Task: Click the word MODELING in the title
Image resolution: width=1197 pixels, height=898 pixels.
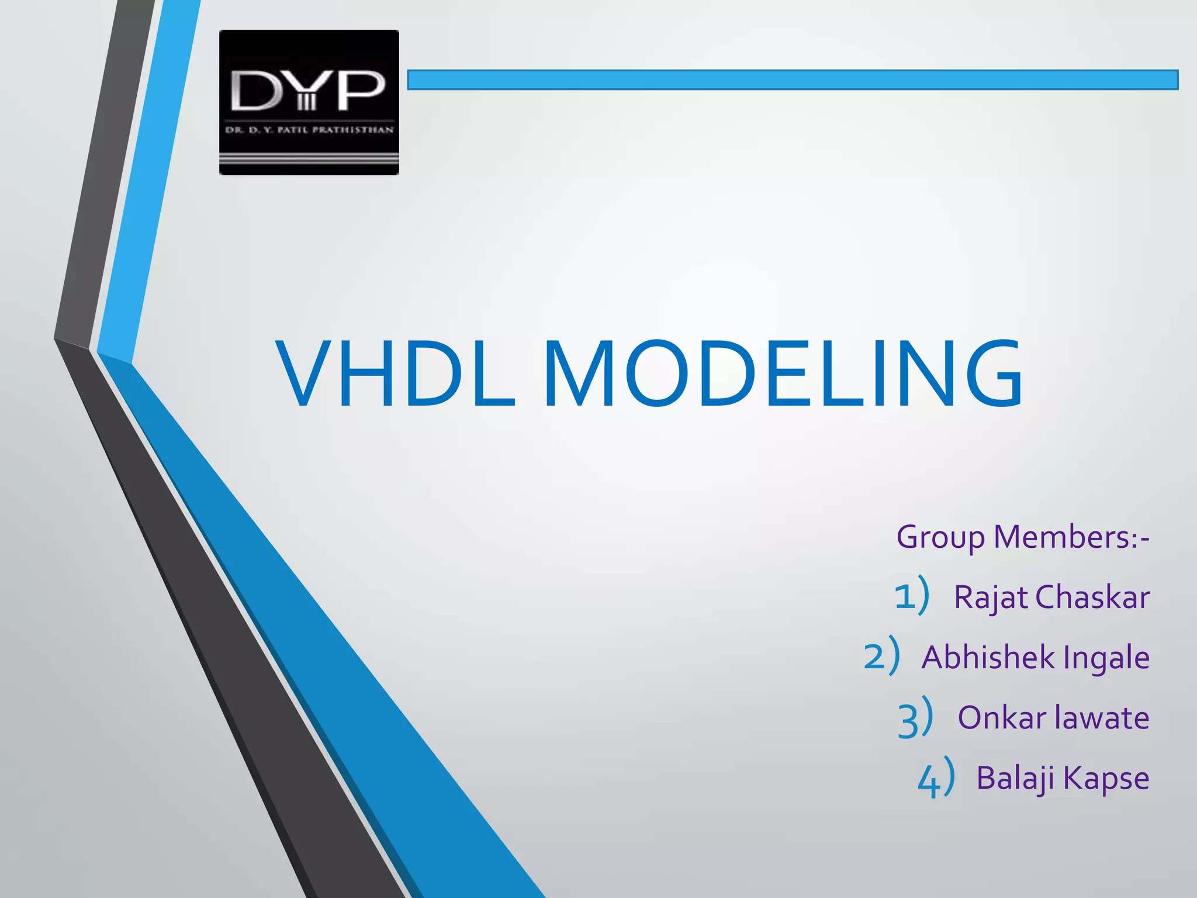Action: point(783,374)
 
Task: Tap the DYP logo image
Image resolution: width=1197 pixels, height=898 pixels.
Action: point(309,102)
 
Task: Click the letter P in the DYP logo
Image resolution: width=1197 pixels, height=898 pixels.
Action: point(361,91)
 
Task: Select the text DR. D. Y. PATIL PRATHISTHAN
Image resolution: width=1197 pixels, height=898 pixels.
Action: point(309,130)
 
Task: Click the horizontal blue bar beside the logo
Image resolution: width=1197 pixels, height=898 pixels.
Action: point(792,80)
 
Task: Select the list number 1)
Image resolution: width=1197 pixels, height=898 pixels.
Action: point(912,596)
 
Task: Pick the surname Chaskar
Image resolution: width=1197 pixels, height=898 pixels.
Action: point(1092,597)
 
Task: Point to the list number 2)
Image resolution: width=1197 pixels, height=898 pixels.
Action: point(881,656)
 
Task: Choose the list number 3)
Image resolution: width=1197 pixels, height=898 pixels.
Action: point(915,717)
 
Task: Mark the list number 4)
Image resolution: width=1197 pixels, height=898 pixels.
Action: point(936,778)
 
